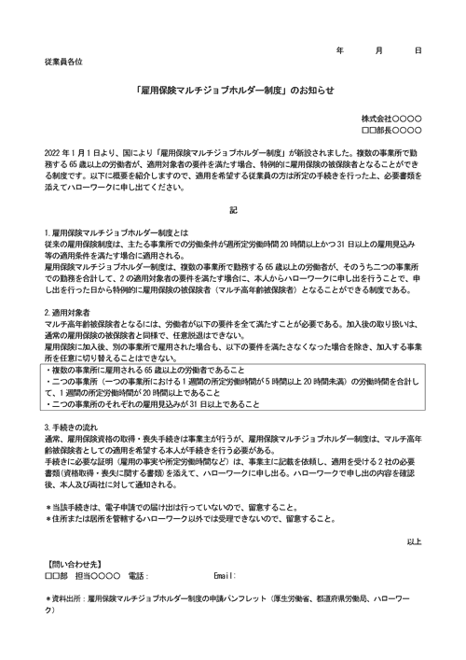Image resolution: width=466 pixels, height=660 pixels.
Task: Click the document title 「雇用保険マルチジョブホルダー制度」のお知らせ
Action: [233, 91]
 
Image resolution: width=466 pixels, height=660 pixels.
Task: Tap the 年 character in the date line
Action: [340, 49]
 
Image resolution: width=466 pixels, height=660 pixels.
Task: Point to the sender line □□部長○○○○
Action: [391, 131]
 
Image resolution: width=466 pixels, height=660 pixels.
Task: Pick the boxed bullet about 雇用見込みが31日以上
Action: [140, 404]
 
